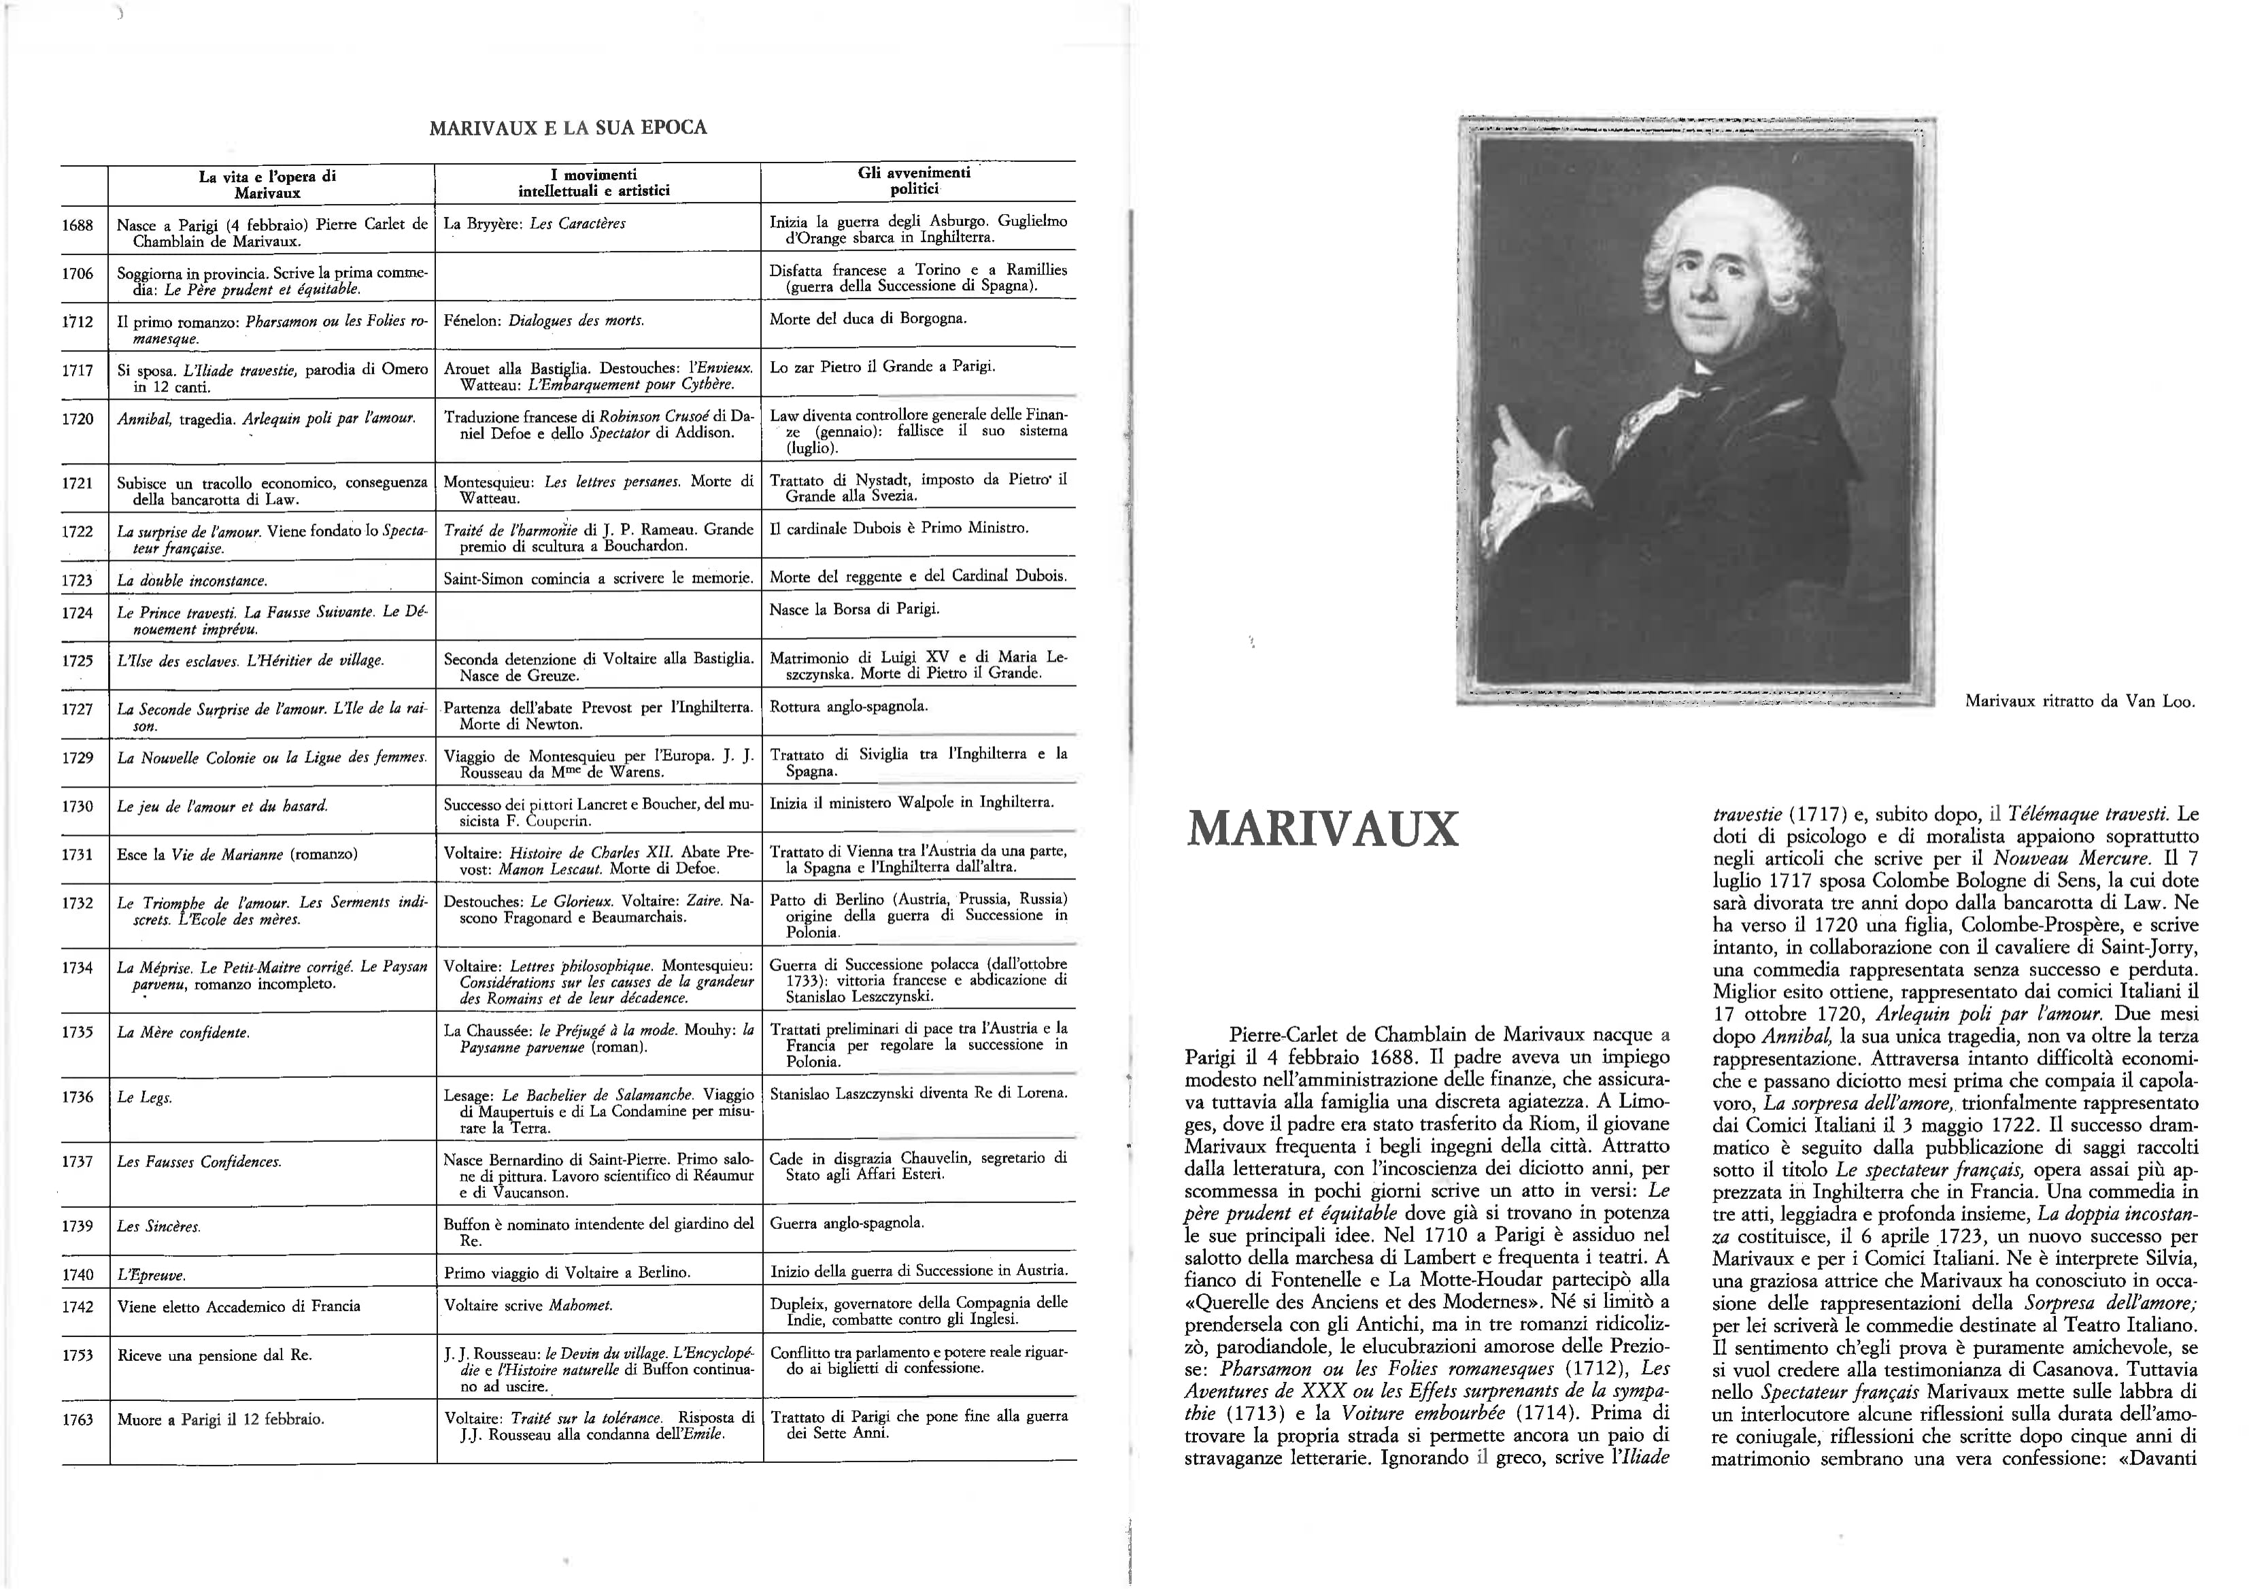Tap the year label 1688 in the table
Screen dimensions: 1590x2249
click(78, 225)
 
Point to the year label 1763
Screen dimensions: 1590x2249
click(78, 1419)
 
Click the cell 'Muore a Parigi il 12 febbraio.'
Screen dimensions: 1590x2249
click(220, 1419)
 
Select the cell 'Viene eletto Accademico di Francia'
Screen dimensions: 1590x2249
click(238, 1306)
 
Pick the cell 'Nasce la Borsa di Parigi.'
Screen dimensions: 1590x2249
click(854, 609)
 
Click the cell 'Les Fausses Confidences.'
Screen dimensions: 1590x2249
click(199, 1162)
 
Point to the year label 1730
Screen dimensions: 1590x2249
click(78, 807)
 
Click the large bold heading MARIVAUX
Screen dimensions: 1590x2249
click(1322, 830)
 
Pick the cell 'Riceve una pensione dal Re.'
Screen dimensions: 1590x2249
click(214, 1355)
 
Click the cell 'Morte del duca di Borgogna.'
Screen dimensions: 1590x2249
click(868, 318)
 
